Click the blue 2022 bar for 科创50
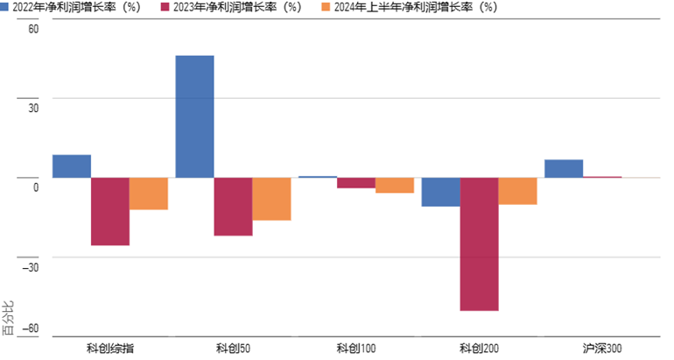tap(194, 116)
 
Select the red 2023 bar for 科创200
tap(480, 244)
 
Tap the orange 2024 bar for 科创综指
tap(149, 194)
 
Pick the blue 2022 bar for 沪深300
tap(564, 168)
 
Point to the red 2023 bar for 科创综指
tap(110, 211)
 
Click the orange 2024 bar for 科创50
tap(271, 199)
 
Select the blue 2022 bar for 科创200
tap(441, 192)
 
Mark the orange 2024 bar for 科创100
tap(395, 186)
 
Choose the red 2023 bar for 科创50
tap(234, 207)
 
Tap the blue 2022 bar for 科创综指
tap(72, 166)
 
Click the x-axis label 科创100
tap(356, 348)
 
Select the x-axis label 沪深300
tap(602, 348)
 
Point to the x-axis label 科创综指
tap(110, 348)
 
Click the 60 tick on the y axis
tap(33, 29)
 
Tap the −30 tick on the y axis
tap(31, 267)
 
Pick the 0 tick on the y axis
tap(36, 187)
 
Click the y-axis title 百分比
tap(9, 318)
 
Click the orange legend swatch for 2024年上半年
tap(326, 7)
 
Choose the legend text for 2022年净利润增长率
tap(76, 7)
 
